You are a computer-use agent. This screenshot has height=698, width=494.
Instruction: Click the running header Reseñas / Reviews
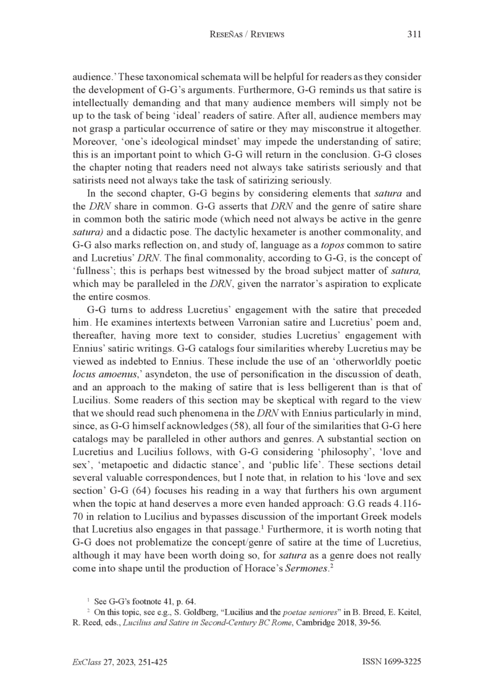pos(247,35)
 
